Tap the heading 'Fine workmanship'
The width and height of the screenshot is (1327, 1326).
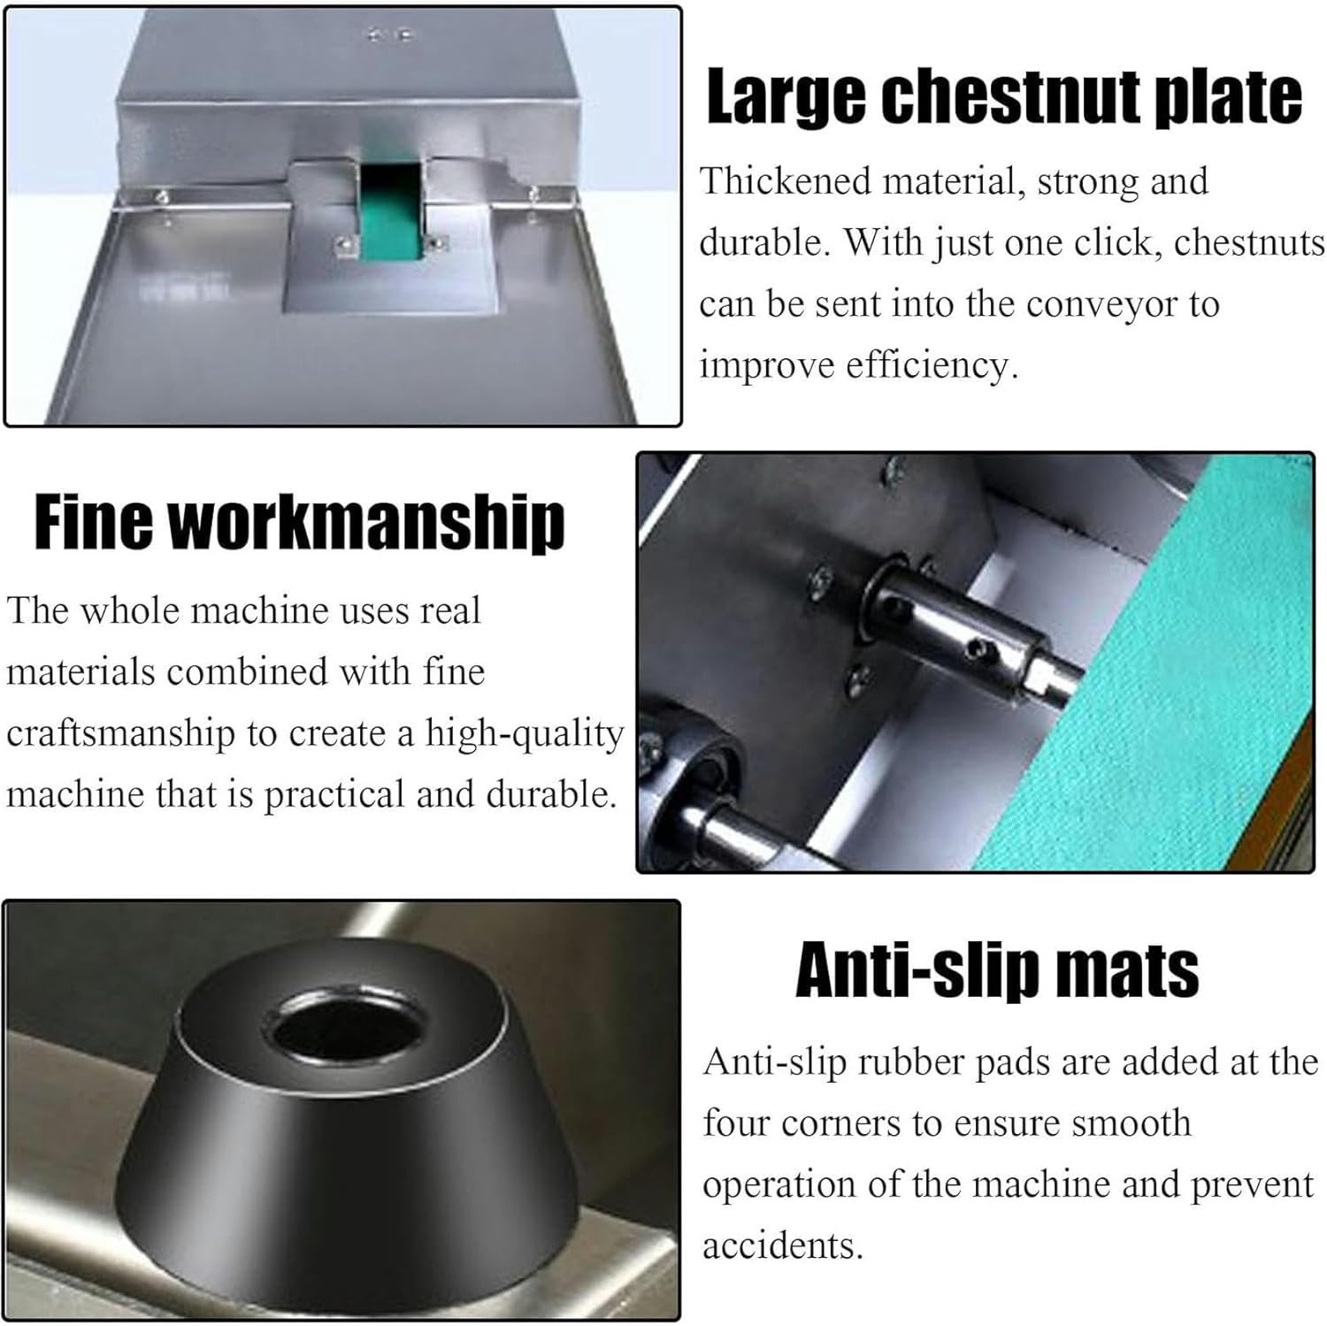[x=299, y=524]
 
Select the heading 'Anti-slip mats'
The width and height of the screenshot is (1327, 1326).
[x=997, y=970]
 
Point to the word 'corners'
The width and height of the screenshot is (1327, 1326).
[x=840, y=1123]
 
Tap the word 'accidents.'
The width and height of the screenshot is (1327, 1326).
[x=782, y=1246]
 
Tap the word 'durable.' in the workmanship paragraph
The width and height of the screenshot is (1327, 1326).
[x=551, y=795]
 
